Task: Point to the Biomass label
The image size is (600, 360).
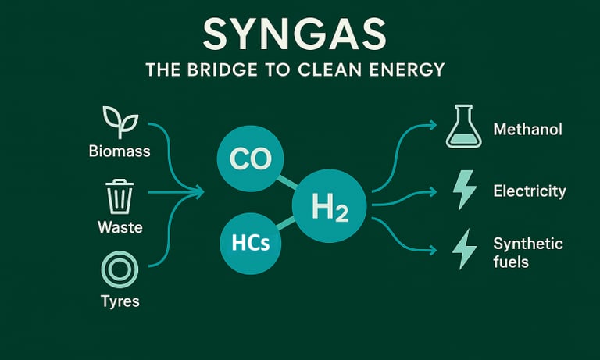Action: point(120,150)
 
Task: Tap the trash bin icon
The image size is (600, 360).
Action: point(119,196)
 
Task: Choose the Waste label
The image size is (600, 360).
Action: point(120,228)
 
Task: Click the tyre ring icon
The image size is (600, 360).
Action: point(119,270)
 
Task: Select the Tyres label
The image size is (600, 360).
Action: point(119,301)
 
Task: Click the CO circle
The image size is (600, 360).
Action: point(250,159)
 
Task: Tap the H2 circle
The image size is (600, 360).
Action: point(329,207)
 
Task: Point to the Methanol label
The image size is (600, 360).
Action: point(527,130)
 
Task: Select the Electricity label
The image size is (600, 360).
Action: point(530,191)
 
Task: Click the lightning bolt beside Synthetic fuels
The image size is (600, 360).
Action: point(464,250)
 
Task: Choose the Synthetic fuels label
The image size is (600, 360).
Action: point(527,253)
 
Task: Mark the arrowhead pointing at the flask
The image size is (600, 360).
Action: point(432,124)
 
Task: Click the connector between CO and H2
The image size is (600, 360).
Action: point(287,184)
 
